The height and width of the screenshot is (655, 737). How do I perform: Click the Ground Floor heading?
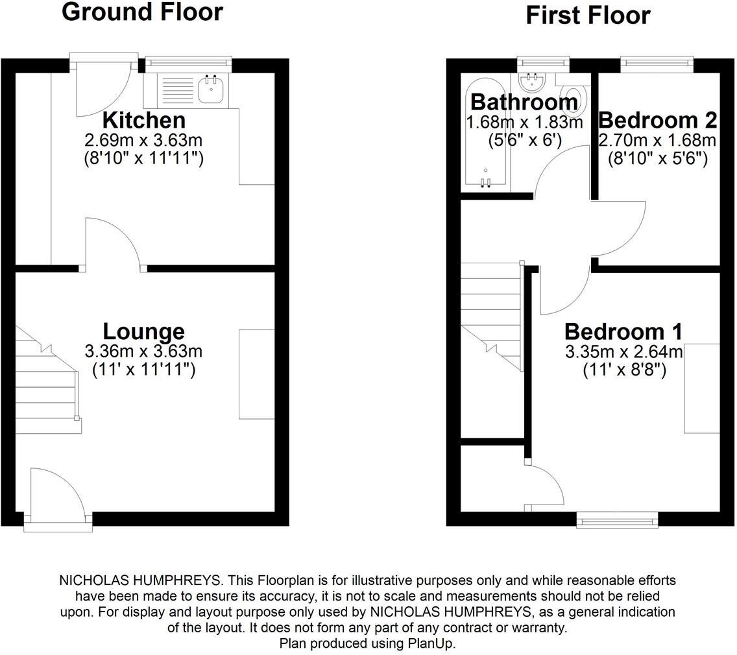click(x=142, y=12)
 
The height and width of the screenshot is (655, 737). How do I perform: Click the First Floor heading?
click(x=588, y=15)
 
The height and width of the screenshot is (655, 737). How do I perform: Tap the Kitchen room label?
click(x=144, y=120)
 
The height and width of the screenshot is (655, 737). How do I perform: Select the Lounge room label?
click(x=144, y=331)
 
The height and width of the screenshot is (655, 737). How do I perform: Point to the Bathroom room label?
click(x=524, y=102)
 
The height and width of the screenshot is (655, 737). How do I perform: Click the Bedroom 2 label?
click(x=657, y=120)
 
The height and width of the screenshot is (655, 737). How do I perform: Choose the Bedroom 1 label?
click(x=623, y=331)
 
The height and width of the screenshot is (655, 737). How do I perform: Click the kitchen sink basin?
click(x=211, y=91)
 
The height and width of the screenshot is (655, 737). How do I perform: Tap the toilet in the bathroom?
click(x=575, y=99)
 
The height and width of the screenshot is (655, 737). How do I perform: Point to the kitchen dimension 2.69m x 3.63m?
click(x=144, y=140)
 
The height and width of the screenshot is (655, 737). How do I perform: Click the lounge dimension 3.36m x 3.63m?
click(x=144, y=351)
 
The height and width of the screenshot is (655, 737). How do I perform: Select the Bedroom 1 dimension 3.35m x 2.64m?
click(x=623, y=351)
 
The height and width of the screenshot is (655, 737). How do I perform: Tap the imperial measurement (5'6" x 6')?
click(x=524, y=139)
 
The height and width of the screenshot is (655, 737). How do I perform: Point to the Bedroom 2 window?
click(x=657, y=64)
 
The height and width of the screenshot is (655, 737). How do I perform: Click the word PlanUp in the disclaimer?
click(x=434, y=643)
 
